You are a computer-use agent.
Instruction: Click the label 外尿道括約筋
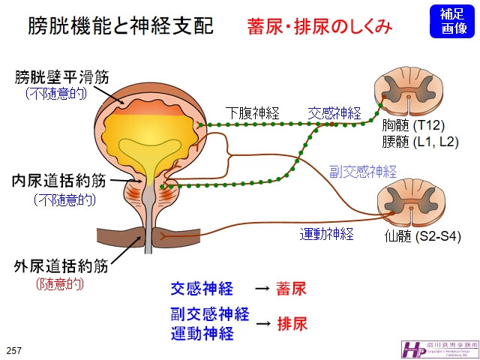point(61,266)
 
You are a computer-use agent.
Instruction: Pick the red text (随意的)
point(60,284)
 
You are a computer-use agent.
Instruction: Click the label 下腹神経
point(253,113)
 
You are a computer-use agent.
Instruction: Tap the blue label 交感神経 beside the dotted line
point(334,113)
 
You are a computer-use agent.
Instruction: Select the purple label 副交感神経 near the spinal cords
point(363,171)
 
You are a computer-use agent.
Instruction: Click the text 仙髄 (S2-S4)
point(420,238)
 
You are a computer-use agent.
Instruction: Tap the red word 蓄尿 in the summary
point(291,289)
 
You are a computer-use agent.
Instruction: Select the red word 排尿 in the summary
point(292,324)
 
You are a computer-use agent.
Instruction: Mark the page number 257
point(14,350)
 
